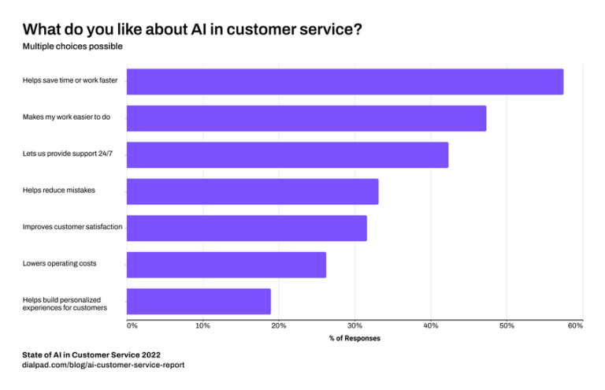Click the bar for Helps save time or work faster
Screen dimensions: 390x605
pyautogui.click(x=344, y=82)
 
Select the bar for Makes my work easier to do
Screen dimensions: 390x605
pyautogui.click(x=306, y=118)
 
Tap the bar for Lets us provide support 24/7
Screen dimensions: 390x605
pyautogui.click(x=287, y=155)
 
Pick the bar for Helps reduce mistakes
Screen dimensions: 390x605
pyautogui.click(x=252, y=191)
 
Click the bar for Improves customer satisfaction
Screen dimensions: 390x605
pyautogui.click(x=247, y=228)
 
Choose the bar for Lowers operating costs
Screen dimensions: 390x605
pyautogui.click(x=226, y=265)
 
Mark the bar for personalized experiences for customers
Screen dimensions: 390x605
pyautogui.click(x=199, y=302)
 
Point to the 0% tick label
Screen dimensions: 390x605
pyautogui.click(x=132, y=325)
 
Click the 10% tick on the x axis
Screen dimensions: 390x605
pyautogui.click(x=202, y=325)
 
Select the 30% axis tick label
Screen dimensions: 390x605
pyautogui.click(x=354, y=325)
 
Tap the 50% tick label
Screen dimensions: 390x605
pyautogui.click(x=507, y=325)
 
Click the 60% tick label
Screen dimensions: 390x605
pyautogui.click(x=574, y=325)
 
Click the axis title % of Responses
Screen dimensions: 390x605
pyautogui.click(x=354, y=339)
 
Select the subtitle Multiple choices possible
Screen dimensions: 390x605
pyautogui.click(x=72, y=46)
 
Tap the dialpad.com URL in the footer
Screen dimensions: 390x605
pyautogui.click(x=102, y=366)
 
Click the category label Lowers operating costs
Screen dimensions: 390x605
pyautogui.click(x=59, y=263)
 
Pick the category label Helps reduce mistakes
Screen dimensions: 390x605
pyautogui.click(x=58, y=190)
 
